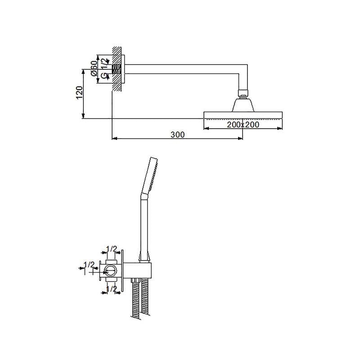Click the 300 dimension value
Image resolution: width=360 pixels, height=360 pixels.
coord(177,135)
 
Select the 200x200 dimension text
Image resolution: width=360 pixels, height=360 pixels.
coord(243,125)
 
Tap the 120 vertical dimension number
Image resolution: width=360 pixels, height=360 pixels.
coord(79,93)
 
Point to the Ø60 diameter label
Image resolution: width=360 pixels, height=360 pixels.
coord(94,68)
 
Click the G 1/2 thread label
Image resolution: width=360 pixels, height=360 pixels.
coord(104,68)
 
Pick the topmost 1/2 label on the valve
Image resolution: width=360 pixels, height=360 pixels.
coord(112,248)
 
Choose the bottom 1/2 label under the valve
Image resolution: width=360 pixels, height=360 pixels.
coord(112,288)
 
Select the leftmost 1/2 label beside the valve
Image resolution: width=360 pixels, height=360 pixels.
coord(89,265)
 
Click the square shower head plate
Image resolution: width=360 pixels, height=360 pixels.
coord(243,115)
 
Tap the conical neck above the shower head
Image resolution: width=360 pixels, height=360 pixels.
coord(243,106)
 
